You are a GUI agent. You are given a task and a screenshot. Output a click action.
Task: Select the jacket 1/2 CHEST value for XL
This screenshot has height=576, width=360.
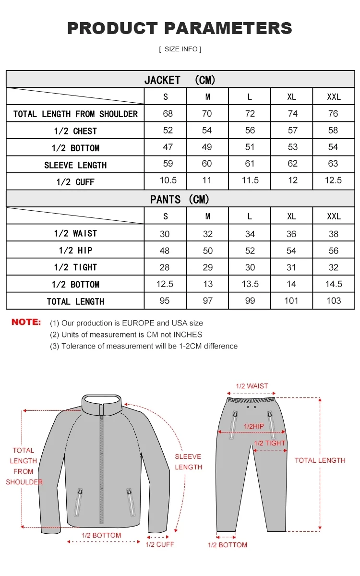pyautogui.click(x=292, y=131)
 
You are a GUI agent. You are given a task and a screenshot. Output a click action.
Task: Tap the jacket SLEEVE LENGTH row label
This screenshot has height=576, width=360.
pyautogui.click(x=75, y=165)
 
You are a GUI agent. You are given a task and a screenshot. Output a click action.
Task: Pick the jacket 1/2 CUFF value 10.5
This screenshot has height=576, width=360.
pyautogui.click(x=168, y=180)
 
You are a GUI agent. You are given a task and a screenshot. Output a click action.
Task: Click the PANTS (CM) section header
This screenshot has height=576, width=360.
pyautogui.click(x=180, y=199)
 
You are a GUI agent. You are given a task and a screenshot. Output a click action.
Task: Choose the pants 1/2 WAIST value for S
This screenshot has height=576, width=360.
pyautogui.click(x=165, y=234)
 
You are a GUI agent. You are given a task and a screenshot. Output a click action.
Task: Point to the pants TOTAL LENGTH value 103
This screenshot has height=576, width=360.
pyautogui.click(x=333, y=301)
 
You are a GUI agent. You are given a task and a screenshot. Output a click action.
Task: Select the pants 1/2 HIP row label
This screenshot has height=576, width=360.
pyautogui.click(x=75, y=251)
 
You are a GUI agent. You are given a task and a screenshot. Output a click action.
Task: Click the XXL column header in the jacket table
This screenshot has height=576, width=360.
pyautogui.click(x=334, y=96)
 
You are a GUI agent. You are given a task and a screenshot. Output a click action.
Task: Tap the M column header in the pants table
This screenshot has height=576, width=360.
pyautogui.click(x=208, y=216)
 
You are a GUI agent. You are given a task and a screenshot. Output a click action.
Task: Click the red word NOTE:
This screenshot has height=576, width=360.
pyautogui.click(x=26, y=322)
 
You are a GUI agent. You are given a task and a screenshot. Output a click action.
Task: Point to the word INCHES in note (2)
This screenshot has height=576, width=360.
pyautogui.click(x=188, y=335)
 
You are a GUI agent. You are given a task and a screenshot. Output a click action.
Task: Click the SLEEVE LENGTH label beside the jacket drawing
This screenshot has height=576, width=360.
pyautogui.click(x=188, y=462)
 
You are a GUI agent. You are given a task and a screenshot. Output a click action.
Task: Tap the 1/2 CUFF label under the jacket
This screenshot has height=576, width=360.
pyautogui.click(x=160, y=544)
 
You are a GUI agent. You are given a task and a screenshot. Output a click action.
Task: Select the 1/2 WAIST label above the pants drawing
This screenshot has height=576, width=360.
pyautogui.click(x=252, y=386)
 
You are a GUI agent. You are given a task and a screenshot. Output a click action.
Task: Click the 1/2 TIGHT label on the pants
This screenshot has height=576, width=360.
pyautogui.click(x=270, y=443)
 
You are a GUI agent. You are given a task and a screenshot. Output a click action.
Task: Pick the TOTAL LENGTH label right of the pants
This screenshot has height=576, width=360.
pyautogui.click(x=320, y=460)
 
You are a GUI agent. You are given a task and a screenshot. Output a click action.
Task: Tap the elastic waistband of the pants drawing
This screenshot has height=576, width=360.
pyautogui.click(x=252, y=399)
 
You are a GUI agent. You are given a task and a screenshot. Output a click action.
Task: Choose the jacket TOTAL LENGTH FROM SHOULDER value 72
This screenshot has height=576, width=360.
pyautogui.click(x=250, y=114)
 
